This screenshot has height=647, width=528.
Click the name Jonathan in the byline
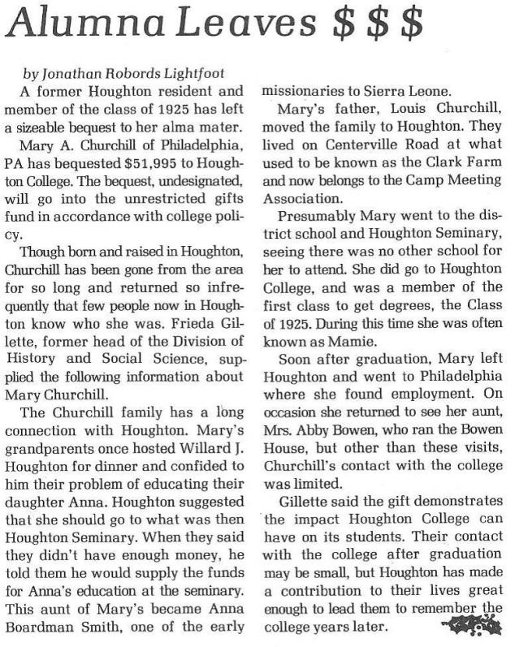click(x=80, y=73)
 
